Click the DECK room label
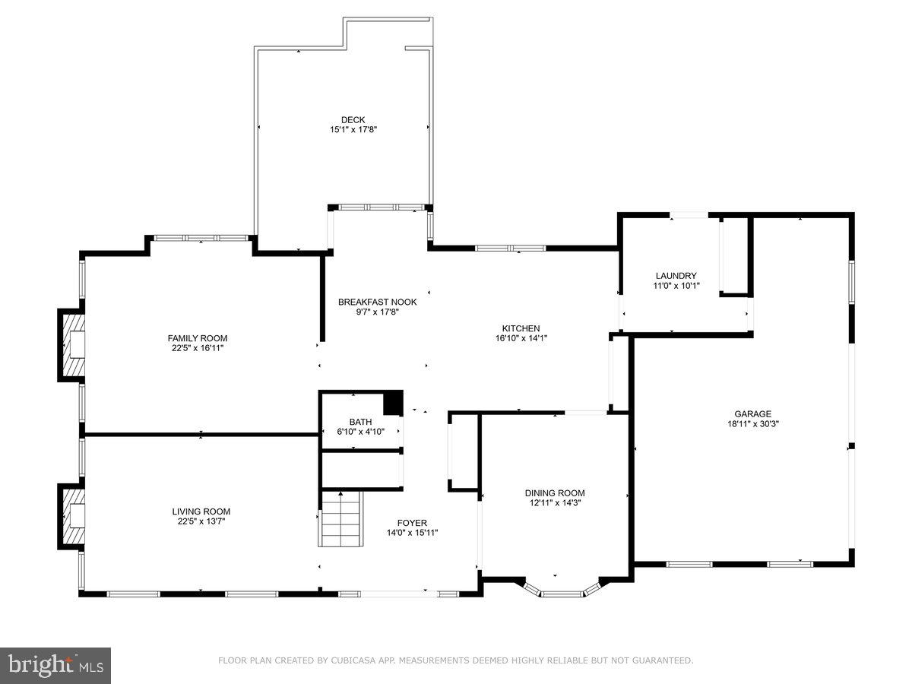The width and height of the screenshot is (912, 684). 353,119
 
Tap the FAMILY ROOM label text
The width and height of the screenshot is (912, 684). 197,338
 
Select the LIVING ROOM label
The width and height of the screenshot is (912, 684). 201,511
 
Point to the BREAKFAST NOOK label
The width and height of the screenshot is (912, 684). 377,302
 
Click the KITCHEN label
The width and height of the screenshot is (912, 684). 521,328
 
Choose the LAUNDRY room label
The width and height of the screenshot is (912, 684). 676,276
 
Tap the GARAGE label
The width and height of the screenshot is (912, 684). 752,414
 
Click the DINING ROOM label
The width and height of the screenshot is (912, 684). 554,492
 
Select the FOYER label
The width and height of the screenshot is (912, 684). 412,523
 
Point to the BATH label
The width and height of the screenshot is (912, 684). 360,422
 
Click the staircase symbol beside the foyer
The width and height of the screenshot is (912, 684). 340,518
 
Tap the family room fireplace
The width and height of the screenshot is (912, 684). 72,344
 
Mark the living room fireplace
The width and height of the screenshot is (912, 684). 72,518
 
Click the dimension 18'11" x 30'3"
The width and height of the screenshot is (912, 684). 752,424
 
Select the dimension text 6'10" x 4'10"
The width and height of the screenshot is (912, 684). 360,432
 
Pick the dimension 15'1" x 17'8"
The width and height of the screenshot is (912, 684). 353,129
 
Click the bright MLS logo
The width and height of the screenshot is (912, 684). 55,665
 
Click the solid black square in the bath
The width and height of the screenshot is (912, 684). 392,404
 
